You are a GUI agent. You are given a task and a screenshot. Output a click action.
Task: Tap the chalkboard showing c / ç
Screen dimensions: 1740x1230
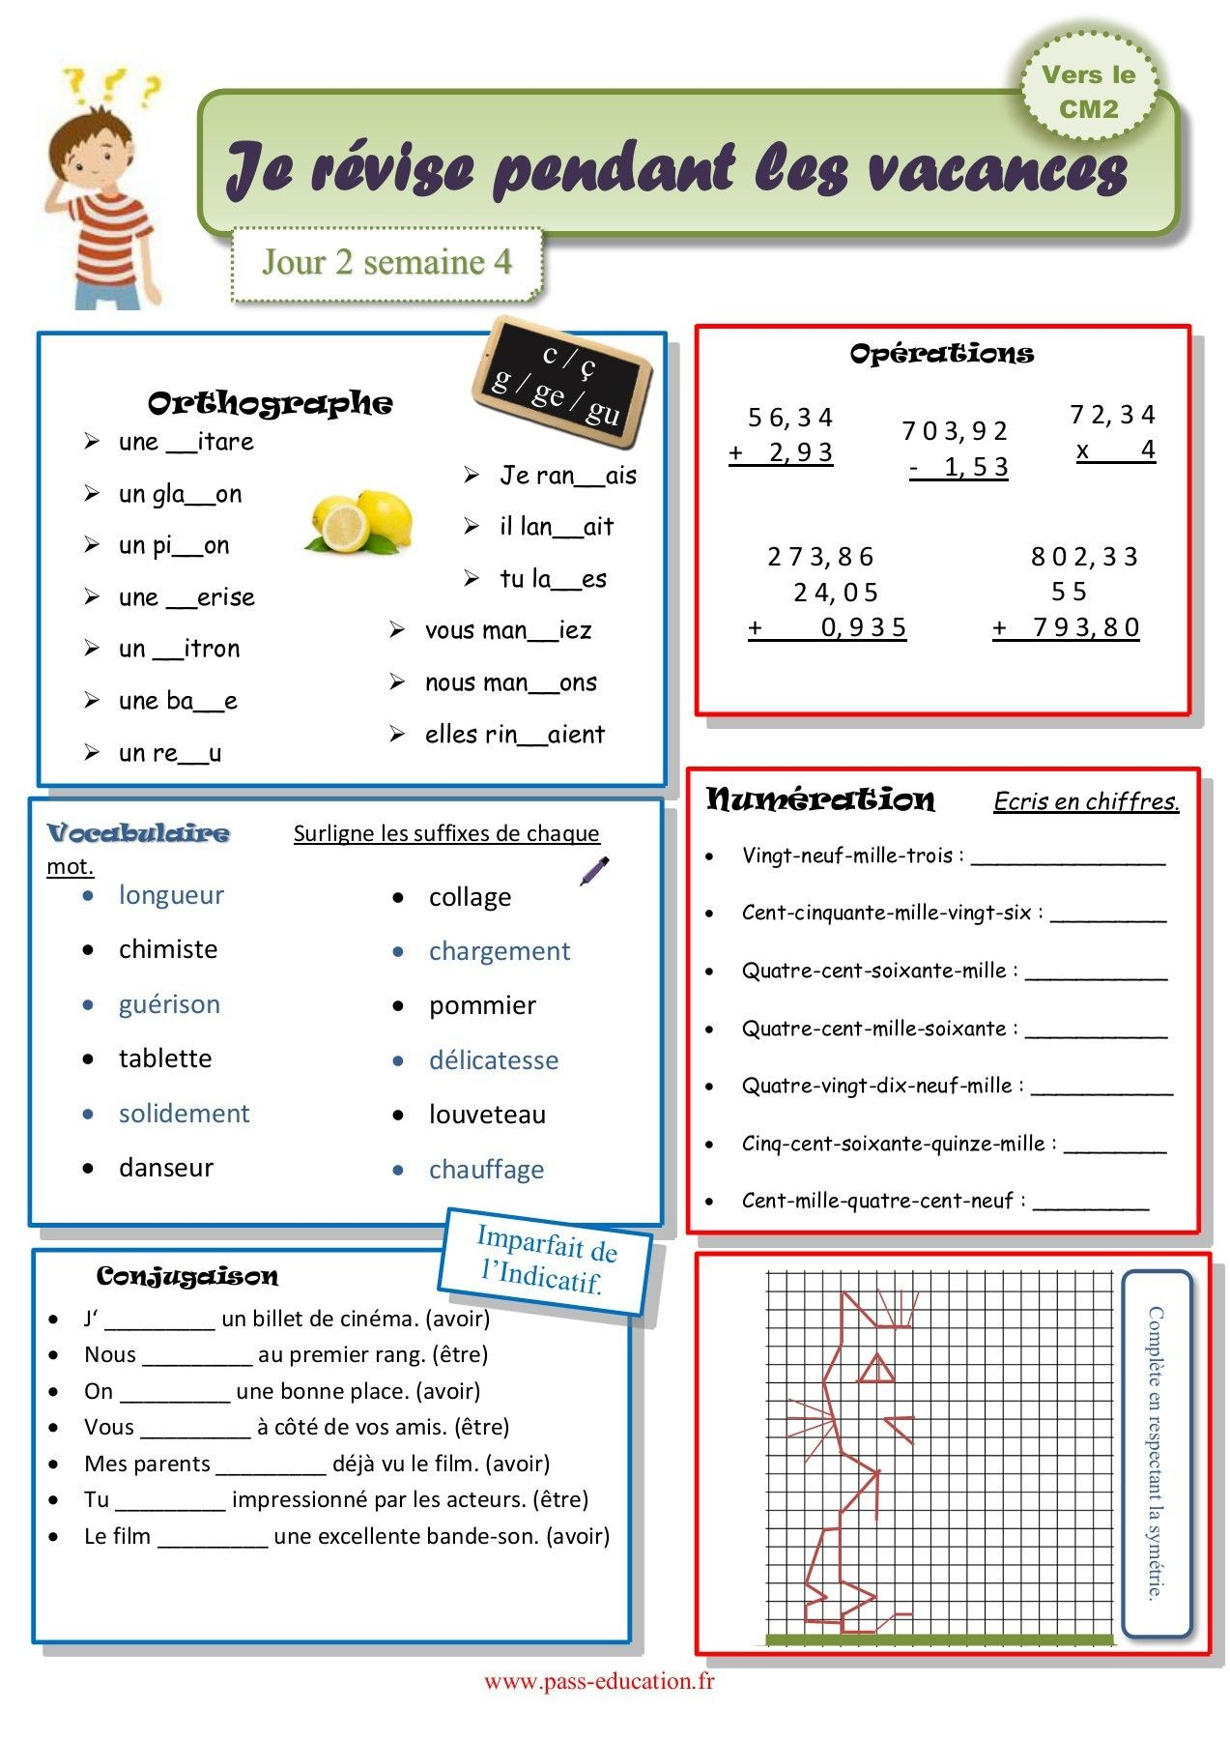pos(561,382)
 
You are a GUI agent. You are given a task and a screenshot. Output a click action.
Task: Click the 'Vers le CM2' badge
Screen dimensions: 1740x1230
pos(1089,92)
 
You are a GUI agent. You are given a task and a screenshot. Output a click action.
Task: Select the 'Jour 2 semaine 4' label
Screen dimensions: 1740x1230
pos(386,263)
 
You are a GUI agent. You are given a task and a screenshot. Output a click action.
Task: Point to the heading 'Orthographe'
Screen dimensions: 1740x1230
pos(270,403)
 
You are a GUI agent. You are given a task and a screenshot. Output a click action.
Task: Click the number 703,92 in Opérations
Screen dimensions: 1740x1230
pos(954,430)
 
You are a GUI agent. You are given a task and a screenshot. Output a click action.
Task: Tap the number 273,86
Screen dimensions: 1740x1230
pos(820,557)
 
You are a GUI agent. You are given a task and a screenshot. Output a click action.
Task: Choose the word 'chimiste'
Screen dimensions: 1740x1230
pos(168,949)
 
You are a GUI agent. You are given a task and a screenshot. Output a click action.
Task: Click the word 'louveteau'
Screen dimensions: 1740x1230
pos(487,1115)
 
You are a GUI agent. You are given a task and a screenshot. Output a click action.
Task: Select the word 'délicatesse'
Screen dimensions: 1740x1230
pos(494,1060)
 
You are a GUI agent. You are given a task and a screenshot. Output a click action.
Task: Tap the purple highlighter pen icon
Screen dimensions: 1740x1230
pos(594,870)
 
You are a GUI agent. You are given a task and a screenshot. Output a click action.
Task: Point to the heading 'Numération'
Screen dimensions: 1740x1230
pos(820,799)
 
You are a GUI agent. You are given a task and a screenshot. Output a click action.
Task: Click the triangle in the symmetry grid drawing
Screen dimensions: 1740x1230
pos(876,1369)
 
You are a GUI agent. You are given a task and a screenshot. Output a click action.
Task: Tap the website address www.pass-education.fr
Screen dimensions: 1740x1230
pos(599,1681)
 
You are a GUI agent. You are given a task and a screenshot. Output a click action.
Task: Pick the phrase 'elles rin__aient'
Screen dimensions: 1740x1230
pos(514,735)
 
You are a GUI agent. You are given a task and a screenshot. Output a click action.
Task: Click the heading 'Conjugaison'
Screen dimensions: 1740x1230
pos(187,1276)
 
